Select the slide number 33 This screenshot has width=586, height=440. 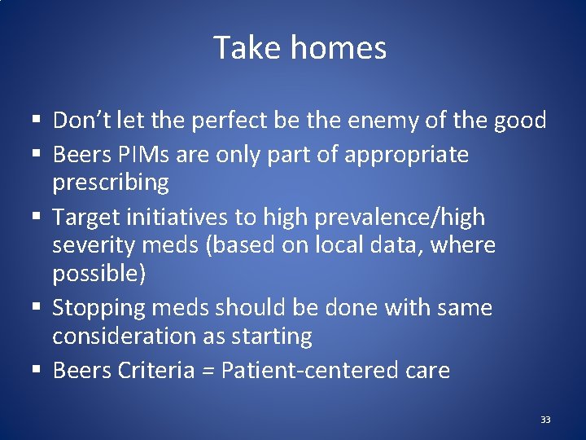coord(544,420)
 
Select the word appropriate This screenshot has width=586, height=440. coord(407,154)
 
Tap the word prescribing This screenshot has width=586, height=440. coord(111,182)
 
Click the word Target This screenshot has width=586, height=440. coord(87,218)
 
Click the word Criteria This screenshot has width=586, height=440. coord(156,371)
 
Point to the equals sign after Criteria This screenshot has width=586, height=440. coord(208,372)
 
